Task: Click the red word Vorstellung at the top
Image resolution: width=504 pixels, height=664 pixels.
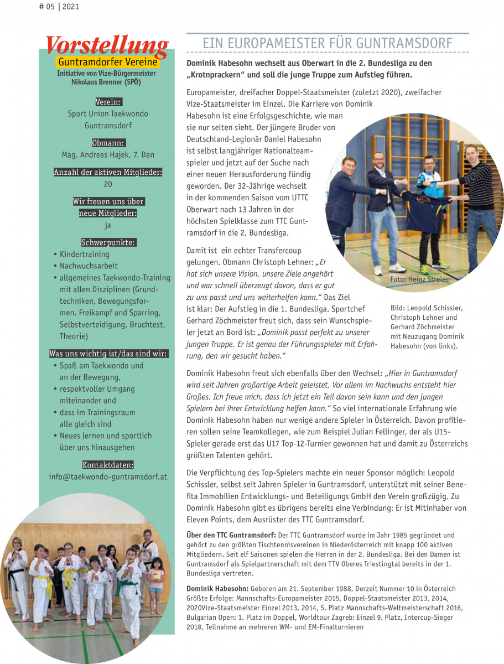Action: (107, 46)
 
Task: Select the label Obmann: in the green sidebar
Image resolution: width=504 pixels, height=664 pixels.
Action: (108, 143)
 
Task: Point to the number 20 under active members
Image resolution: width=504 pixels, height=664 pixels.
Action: (108, 184)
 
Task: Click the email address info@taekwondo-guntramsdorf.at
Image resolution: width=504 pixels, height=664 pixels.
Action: (108, 476)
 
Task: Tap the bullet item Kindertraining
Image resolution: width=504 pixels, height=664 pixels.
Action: (84, 254)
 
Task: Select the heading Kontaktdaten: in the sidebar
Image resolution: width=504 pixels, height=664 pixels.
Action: (108, 464)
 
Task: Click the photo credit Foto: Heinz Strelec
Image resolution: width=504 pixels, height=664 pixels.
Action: (420, 279)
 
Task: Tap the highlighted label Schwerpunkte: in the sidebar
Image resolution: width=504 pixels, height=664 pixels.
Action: (108, 242)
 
